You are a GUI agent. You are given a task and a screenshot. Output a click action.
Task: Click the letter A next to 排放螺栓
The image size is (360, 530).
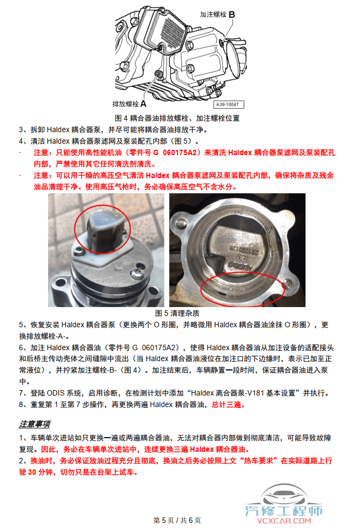[143, 103]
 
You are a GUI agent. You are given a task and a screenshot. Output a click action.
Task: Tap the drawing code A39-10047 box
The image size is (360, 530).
[229, 104]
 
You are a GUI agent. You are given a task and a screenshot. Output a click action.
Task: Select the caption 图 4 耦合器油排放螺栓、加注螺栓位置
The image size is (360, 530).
[177, 118]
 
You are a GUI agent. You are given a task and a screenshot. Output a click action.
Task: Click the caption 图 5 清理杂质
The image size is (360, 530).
[178, 313]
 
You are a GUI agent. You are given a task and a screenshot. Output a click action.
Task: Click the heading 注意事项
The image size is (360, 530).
[35, 423]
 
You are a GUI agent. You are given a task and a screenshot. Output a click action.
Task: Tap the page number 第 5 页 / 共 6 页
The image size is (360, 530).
[178, 520]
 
